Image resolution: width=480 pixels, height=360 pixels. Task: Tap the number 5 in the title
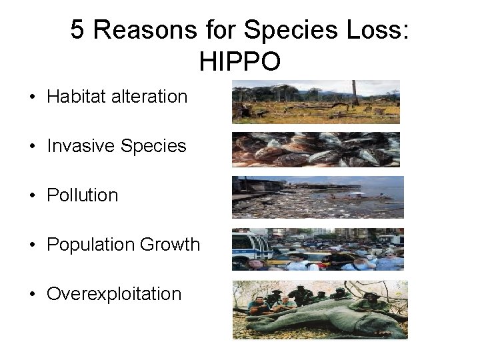click(78, 30)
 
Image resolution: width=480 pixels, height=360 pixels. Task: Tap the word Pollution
click(82, 195)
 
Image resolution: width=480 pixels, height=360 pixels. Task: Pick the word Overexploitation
click(114, 294)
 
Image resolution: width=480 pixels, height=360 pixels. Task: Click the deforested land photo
click(315, 102)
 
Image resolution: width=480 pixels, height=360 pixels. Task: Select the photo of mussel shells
click(315, 149)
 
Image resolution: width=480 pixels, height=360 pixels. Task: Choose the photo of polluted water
click(317, 197)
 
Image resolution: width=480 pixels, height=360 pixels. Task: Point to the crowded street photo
click(317, 249)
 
